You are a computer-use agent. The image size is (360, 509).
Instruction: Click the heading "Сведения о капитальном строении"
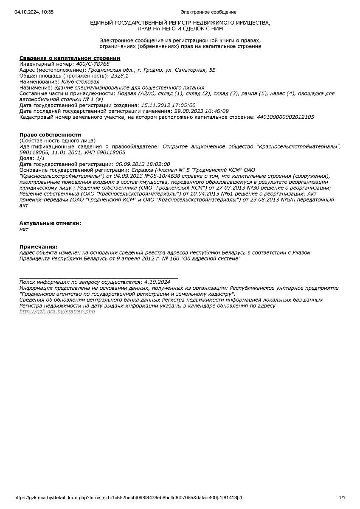pyautogui.click(x=70, y=58)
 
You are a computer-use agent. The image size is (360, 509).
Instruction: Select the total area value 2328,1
pyautogui.click(x=119, y=76)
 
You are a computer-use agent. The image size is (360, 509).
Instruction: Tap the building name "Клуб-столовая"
pyautogui.click(x=80, y=82)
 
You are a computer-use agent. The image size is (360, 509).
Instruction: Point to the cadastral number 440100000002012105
pyautogui.click(x=285, y=117)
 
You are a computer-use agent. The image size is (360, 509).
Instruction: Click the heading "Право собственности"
pyautogui.click(x=50, y=134)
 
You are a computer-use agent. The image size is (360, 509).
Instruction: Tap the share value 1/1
pyautogui.click(x=41, y=158)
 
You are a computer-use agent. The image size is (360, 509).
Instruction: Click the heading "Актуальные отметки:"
pyautogui.click(x=50, y=223)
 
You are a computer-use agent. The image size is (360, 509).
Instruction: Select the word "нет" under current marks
pyautogui.click(x=24, y=229)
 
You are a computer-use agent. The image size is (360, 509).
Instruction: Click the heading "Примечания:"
pyautogui.click(x=38, y=246)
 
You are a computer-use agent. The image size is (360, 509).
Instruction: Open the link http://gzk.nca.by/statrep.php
pyautogui.click(x=57, y=312)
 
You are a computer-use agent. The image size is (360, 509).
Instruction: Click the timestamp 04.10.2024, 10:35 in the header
pyautogui.click(x=34, y=12)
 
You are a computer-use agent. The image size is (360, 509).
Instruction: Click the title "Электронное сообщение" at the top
pyautogui.click(x=208, y=12)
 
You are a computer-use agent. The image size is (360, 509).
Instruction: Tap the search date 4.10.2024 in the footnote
pyautogui.click(x=157, y=282)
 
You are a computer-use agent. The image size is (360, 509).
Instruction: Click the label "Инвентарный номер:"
pyautogui.click(x=47, y=64)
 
